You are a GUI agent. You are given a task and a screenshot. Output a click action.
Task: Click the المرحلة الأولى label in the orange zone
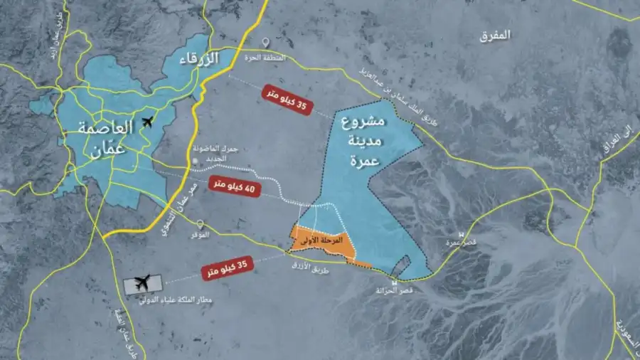coord(319,241)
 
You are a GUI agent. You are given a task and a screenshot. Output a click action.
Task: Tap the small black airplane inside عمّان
coord(149,122)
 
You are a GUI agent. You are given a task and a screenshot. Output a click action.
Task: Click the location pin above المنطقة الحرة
coord(265,43)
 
